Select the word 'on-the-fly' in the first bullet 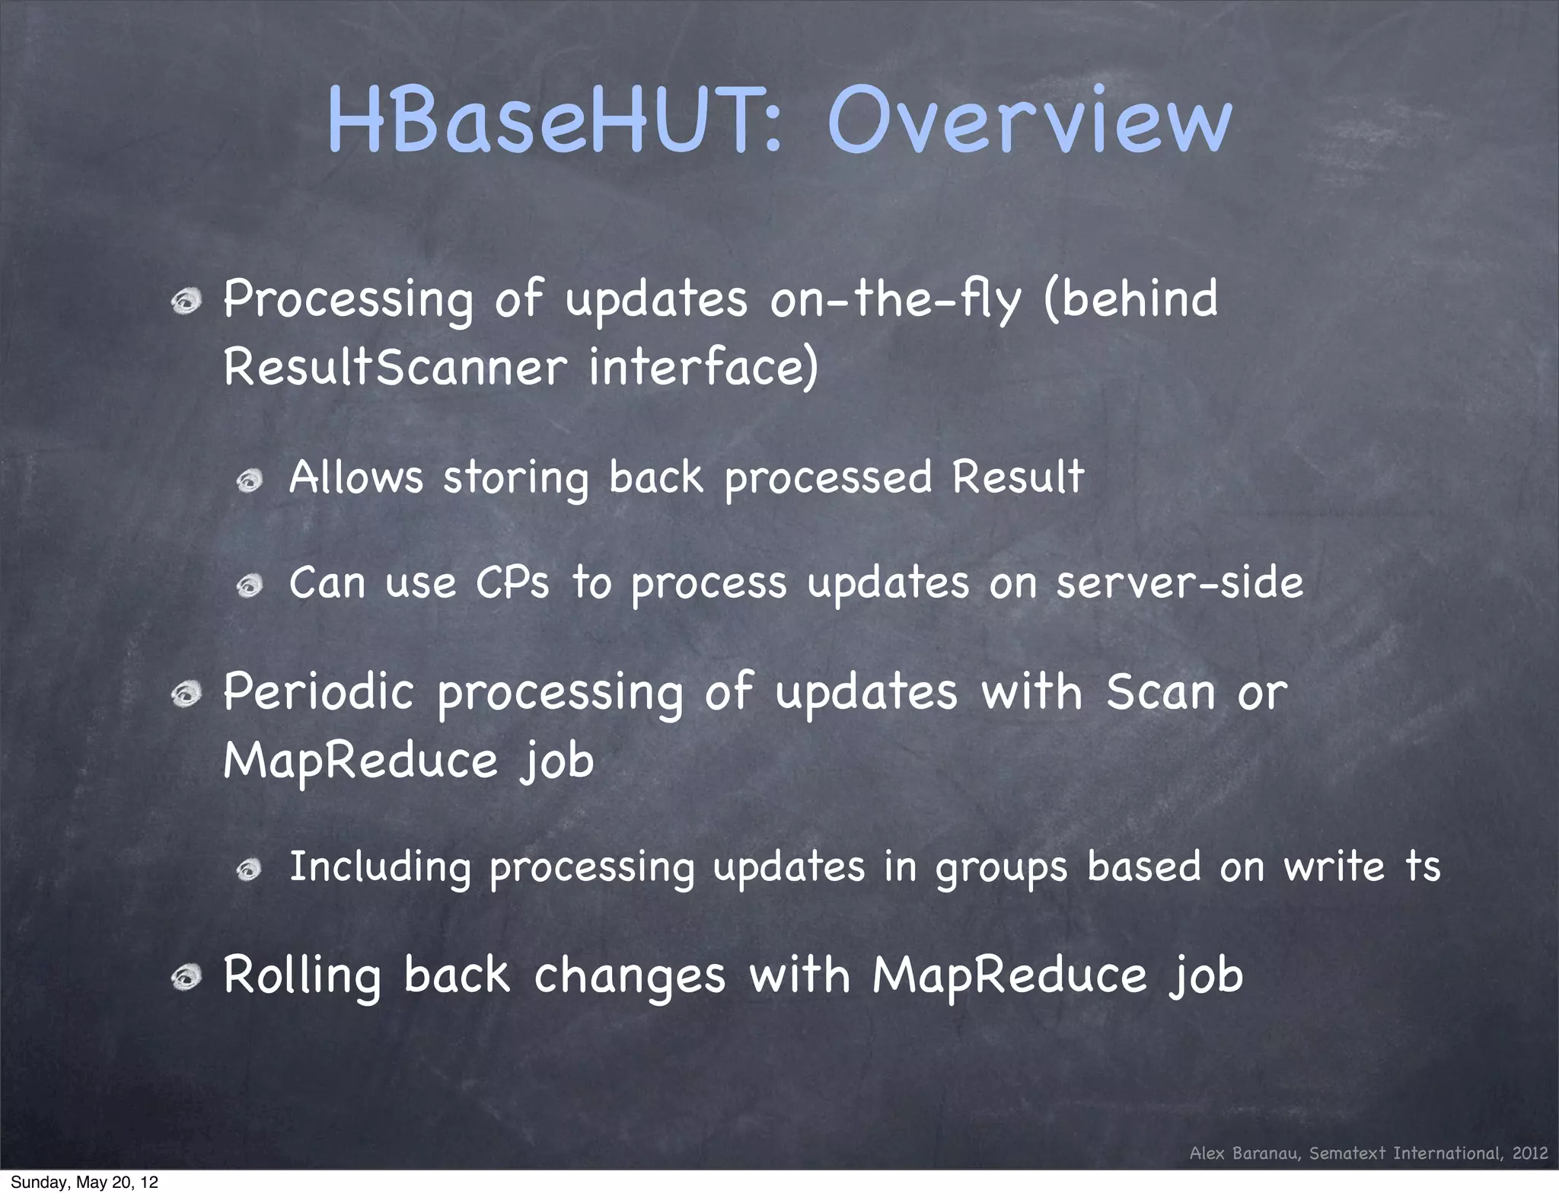tap(895, 299)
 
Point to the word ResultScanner tap(395, 367)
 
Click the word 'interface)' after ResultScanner tap(703, 367)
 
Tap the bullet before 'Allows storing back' tap(249, 481)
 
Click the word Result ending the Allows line tap(1017, 477)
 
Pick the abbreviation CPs tap(512, 583)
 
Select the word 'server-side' tap(1180, 583)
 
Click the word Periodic tap(319, 692)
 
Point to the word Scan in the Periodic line tap(1160, 692)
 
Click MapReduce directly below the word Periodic tap(360, 761)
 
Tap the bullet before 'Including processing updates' tap(249, 870)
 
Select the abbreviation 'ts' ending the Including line tap(1422, 866)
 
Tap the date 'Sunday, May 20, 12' tap(84, 1182)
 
